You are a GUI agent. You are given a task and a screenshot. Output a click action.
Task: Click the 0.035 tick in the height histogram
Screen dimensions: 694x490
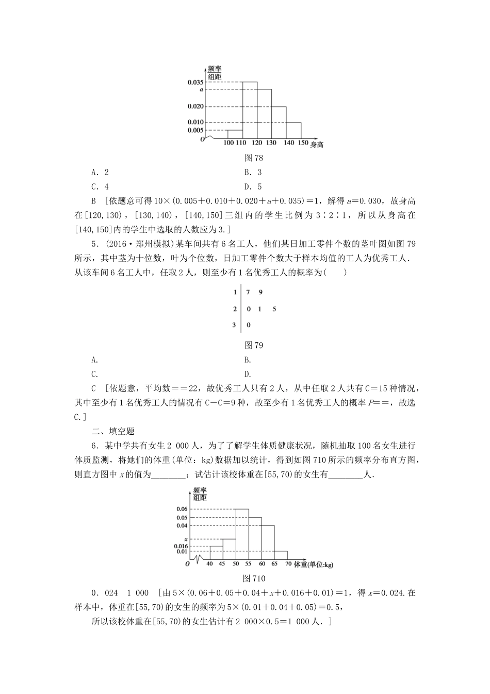pyautogui.click(x=196, y=82)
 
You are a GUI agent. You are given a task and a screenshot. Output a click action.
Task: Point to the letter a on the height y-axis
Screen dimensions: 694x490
pyautogui.click(x=201, y=89)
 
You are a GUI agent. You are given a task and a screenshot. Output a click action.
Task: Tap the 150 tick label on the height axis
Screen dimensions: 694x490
pyautogui.click(x=303, y=143)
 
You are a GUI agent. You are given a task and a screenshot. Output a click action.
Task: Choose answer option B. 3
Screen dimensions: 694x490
pyautogui.click(x=253, y=172)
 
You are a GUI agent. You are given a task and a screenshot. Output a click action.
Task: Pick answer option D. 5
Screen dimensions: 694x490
pyautogui.click(x=253, y=187)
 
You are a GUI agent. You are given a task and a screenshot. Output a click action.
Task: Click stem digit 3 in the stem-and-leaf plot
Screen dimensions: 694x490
pyautogui.click(x=235, y=325)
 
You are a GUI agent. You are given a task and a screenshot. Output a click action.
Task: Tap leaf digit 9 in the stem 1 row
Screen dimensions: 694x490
pyautogui.click(x=260, y=292)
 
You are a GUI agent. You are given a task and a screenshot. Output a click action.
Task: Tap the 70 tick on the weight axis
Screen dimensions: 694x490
pyautogui.click(x=289, y=564)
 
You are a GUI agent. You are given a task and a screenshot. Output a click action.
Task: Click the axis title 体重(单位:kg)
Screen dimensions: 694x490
pyautogui.click(x=314, y=565)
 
